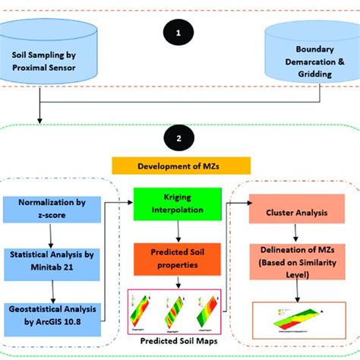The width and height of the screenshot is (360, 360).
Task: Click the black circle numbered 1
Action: point(179,33)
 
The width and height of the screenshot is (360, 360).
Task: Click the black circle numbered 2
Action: point(179,140)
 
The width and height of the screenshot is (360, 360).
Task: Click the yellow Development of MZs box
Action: point(180,166)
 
